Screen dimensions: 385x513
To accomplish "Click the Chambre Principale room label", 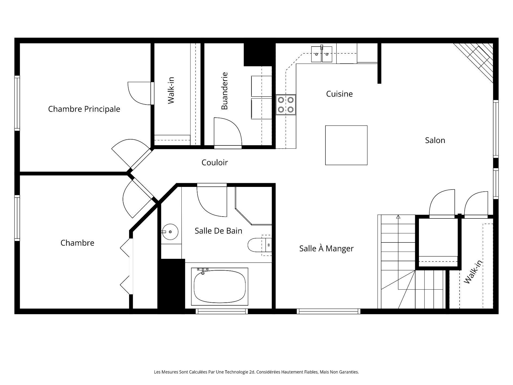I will pos(84,109).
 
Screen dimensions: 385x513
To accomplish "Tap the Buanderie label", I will pos(224,91).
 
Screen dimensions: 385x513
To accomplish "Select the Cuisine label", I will pos(339,94).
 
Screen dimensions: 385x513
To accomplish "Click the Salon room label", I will pos(435,140).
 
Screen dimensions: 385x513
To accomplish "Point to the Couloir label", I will pos(215,163).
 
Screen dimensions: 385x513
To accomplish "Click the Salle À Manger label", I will pos(326,249).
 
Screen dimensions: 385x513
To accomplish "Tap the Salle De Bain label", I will pos(218,231).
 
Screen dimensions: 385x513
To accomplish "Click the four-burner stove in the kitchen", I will pos(286,105).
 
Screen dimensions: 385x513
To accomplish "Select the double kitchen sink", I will pos(322,55).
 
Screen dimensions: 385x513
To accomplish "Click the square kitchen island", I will pos(346,145).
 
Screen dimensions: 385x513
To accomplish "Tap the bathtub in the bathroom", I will pos(220,286).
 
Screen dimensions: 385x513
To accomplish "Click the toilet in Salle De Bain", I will pos(259,245).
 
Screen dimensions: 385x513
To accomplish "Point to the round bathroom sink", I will pos(170,232).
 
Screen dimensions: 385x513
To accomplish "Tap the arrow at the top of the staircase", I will pos(398,217).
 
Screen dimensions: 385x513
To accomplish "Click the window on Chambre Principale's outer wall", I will pos(17,103).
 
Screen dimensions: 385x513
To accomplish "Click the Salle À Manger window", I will pos(328,311).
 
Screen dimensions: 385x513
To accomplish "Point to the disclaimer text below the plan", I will pos(256,372).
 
